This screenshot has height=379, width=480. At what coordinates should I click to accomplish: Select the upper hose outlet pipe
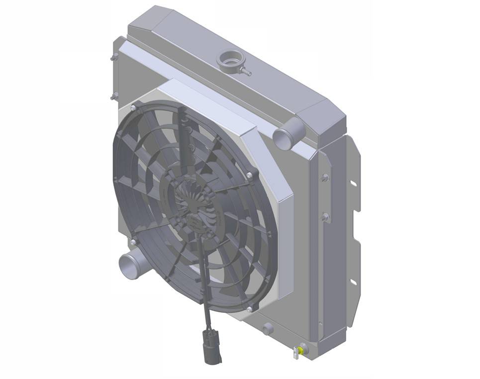tap(285, 134)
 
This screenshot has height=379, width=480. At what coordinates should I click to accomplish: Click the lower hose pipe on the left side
tap(128, 263)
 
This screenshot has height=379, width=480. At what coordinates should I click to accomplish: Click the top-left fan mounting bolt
tap(133, 107)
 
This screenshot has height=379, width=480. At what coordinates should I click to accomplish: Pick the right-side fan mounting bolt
tap(249, 175)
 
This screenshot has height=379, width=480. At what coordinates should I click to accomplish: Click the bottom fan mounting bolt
tap(249, 309)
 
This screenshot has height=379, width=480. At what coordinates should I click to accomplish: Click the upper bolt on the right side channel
tap(325, 178)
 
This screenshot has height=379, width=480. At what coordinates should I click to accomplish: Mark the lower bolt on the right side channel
tap(325, 217)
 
